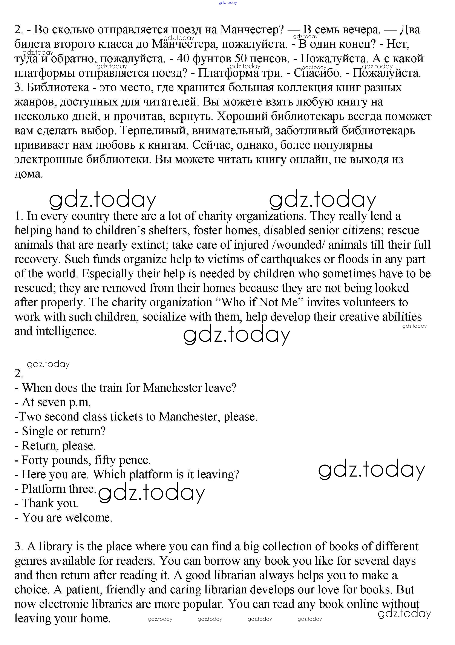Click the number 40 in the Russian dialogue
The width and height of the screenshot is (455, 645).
[x=183, y=58]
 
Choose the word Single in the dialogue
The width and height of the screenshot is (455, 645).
[x=38, y=431]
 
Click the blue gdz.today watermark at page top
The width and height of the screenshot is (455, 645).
[x=228, y=3]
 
